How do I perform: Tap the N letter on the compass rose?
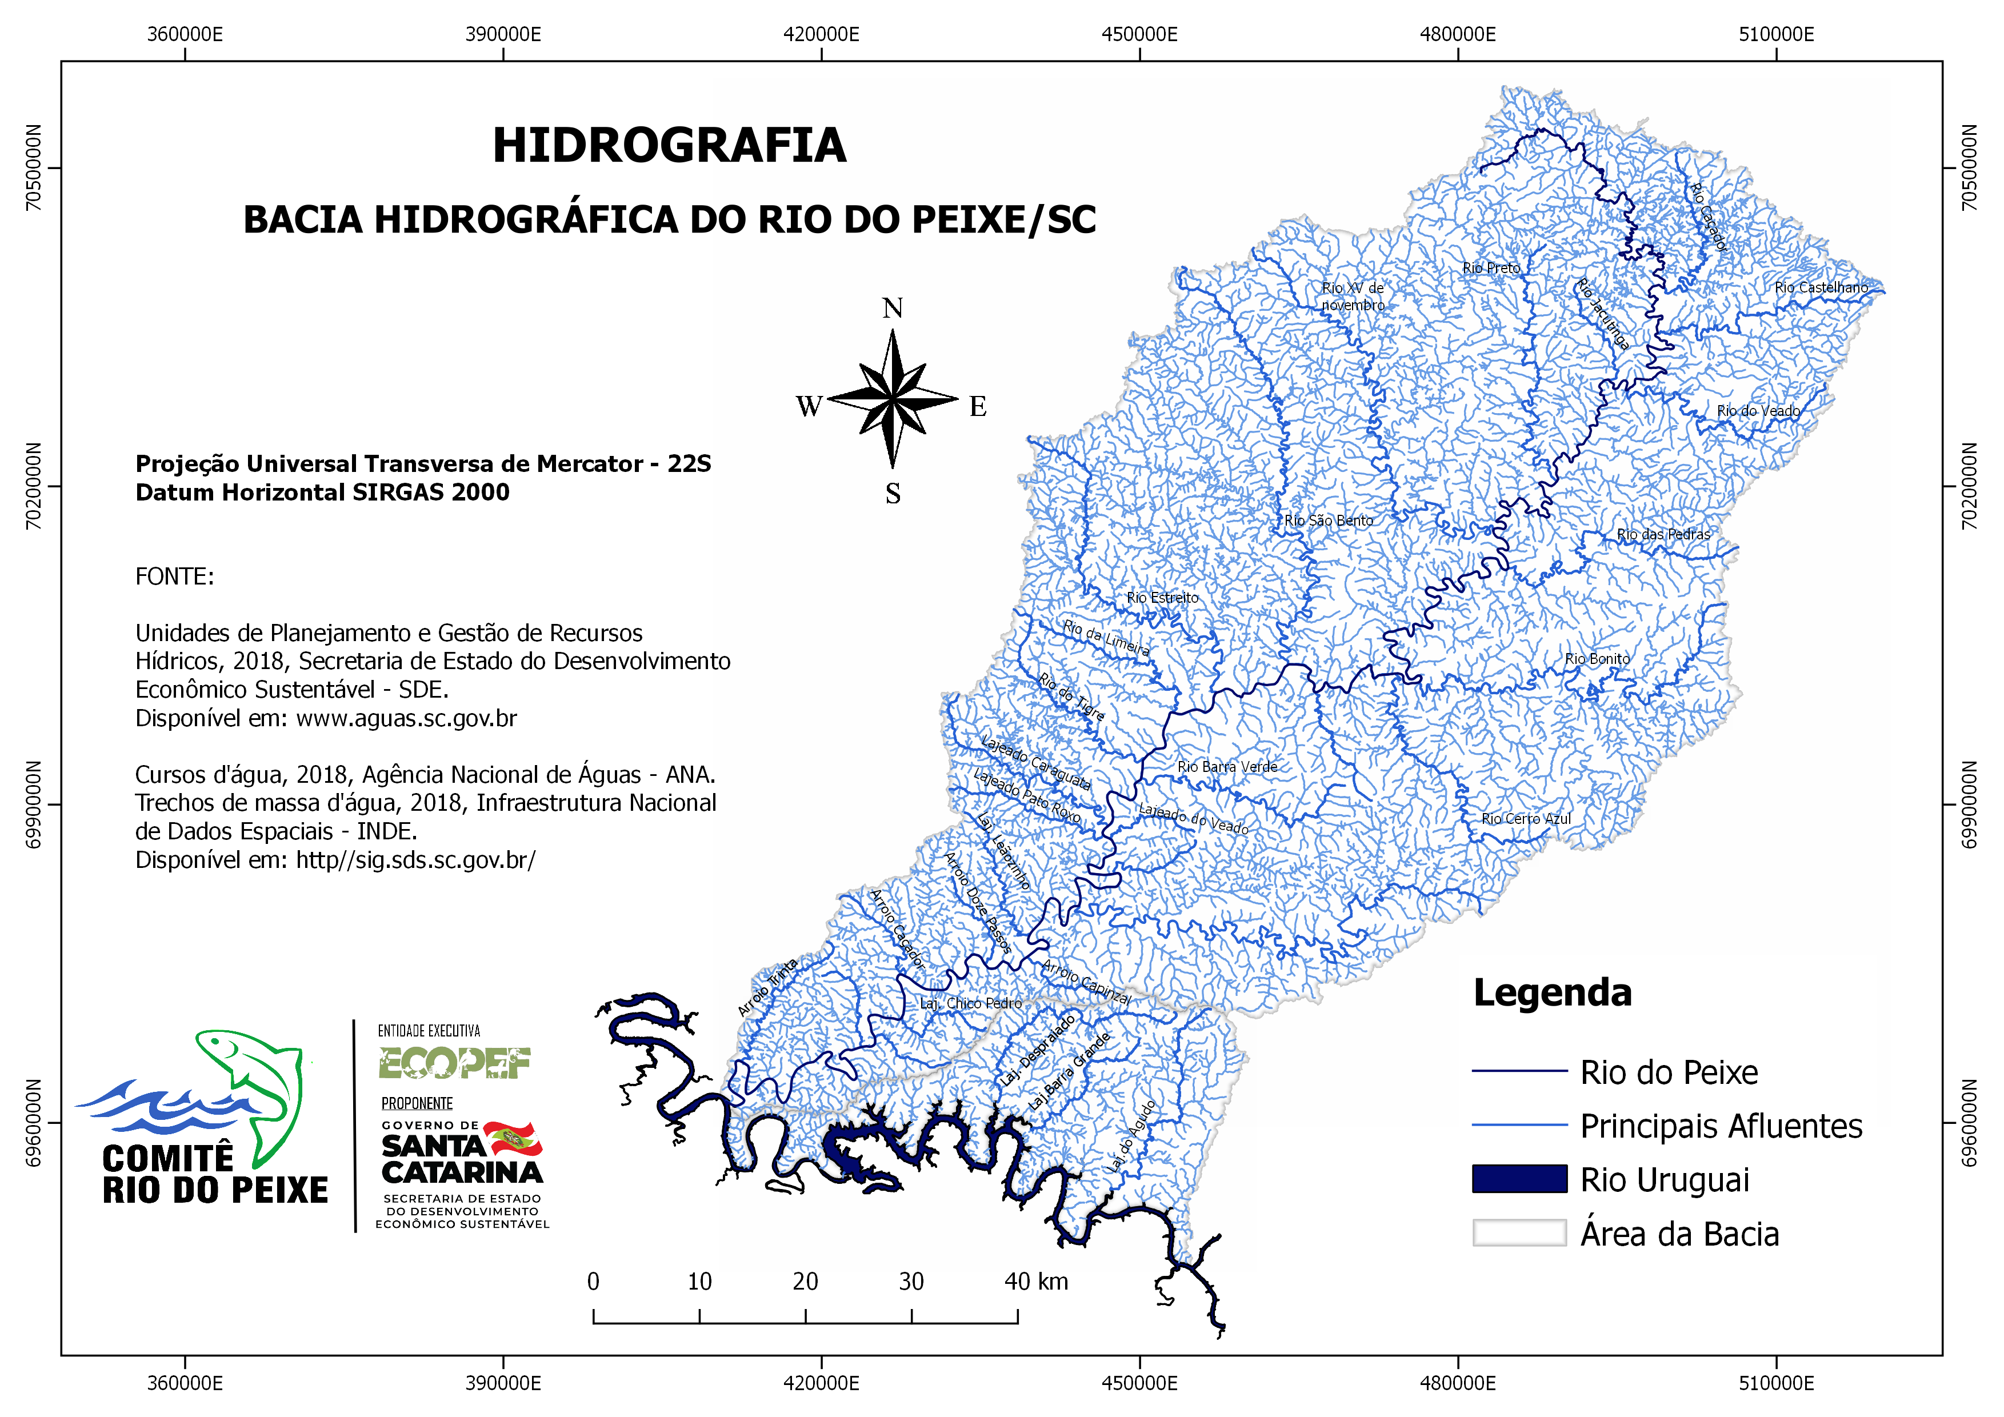[x=892, y=308]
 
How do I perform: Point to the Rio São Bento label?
[x=1329, y=520]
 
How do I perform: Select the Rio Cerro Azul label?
[x=1526, y=818]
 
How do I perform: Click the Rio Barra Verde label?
[x=1227, y=766]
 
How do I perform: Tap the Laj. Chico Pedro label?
[x=971, y=1003]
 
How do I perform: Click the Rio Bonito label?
[x=1597, y=659]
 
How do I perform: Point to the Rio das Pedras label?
[x=1663, y=534]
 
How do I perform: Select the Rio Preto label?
[x=1491, y=268]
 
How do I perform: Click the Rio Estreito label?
[x=1163, y=598]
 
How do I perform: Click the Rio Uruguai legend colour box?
[x=1519, y=1179]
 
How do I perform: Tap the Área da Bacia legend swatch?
[x=1519, y=1233]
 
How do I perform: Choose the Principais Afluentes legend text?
[x=1721, y=1126]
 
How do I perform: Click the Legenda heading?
[x=1552, y=993]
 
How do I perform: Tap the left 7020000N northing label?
[x=33, y=486]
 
